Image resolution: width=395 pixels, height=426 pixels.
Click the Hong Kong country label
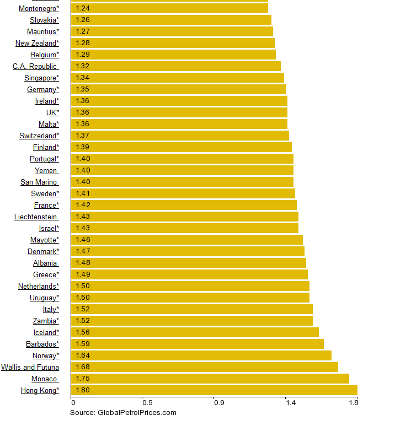click(40, 390)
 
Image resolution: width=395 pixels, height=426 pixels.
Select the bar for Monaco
click(210, 379)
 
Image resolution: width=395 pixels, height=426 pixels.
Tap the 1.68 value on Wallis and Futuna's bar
click(83, 367)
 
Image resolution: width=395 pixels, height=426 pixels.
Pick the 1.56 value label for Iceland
click(83, 332)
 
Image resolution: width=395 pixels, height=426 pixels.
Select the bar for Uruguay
click(190, 298)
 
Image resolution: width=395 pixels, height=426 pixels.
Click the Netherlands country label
click(38, 286)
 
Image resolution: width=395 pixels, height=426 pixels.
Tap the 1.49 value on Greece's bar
click(83, 274)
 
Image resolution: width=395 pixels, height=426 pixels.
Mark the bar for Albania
click(188, 263)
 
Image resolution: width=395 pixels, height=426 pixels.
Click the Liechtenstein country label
click(36, 217)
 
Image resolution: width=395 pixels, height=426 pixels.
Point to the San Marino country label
click(39, 182)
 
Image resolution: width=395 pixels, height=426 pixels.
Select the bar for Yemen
click(182, 170)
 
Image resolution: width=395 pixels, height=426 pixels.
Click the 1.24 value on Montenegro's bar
click(83, 8)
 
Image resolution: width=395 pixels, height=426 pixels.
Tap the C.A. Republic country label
click(35, 66)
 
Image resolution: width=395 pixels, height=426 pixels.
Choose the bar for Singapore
click(177, 78)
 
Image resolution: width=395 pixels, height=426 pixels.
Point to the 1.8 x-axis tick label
click(354, 403)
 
